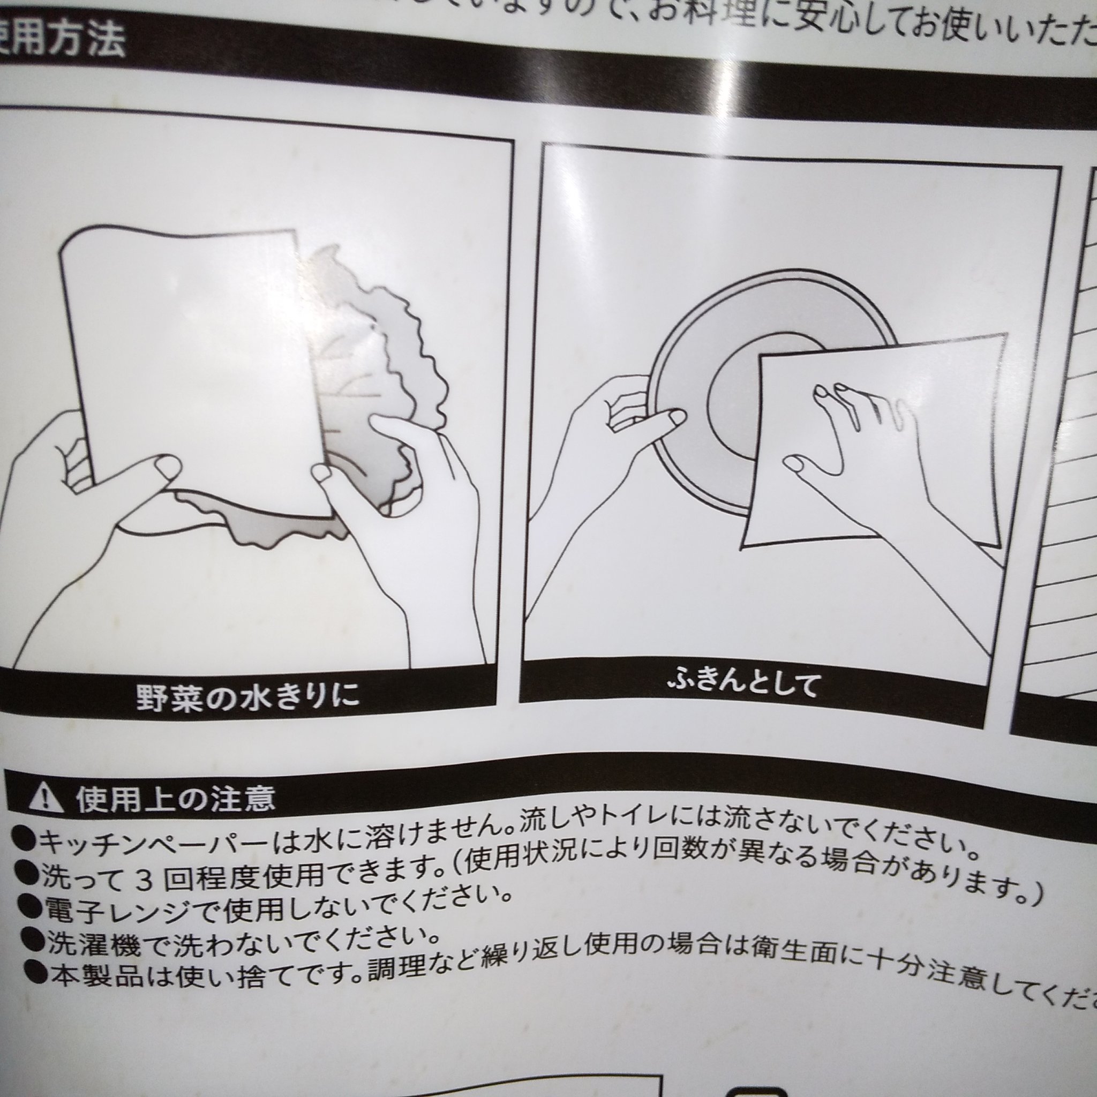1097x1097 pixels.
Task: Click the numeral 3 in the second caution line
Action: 144,880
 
